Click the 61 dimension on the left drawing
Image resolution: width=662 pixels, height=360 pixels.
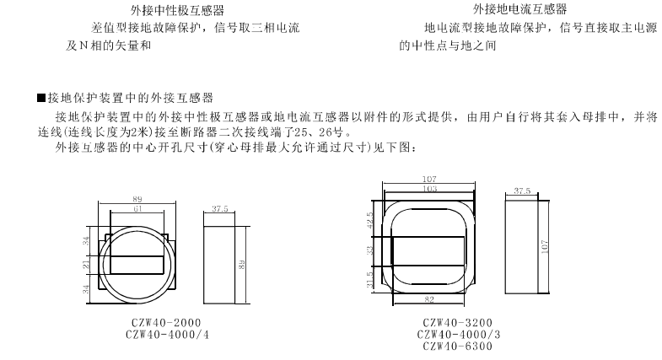137,209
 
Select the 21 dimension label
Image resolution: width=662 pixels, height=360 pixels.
86,265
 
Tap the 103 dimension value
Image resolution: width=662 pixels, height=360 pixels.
429,189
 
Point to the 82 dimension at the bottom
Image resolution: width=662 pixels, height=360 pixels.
429,299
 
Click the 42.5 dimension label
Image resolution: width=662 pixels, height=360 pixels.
370,220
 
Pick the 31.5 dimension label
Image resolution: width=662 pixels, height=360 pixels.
370,280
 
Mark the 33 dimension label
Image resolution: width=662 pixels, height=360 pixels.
370,250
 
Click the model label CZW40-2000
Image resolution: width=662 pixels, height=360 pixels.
166,323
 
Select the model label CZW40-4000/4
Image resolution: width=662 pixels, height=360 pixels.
167,335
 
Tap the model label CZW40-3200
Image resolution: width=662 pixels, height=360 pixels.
458,323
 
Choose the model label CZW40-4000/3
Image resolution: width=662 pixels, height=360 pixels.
459,335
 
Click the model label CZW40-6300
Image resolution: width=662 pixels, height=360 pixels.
458,347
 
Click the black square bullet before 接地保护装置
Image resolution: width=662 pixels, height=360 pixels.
41,98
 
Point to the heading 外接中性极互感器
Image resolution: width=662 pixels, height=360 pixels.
177,10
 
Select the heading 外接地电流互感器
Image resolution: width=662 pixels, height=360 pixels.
520,9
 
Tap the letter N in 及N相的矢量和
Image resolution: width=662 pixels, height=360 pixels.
83,46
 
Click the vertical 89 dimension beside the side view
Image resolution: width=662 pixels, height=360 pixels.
242,265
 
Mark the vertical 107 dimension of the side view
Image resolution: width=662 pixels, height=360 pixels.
545,246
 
